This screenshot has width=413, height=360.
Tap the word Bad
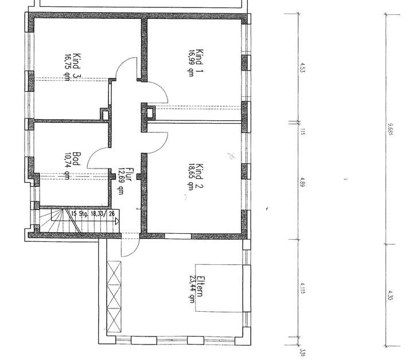coord(76,159)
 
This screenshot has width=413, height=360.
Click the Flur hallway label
coord(130,175)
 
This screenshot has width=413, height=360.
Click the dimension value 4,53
coord(302,67)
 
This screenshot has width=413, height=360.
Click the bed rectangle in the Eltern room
coord(221,288)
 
